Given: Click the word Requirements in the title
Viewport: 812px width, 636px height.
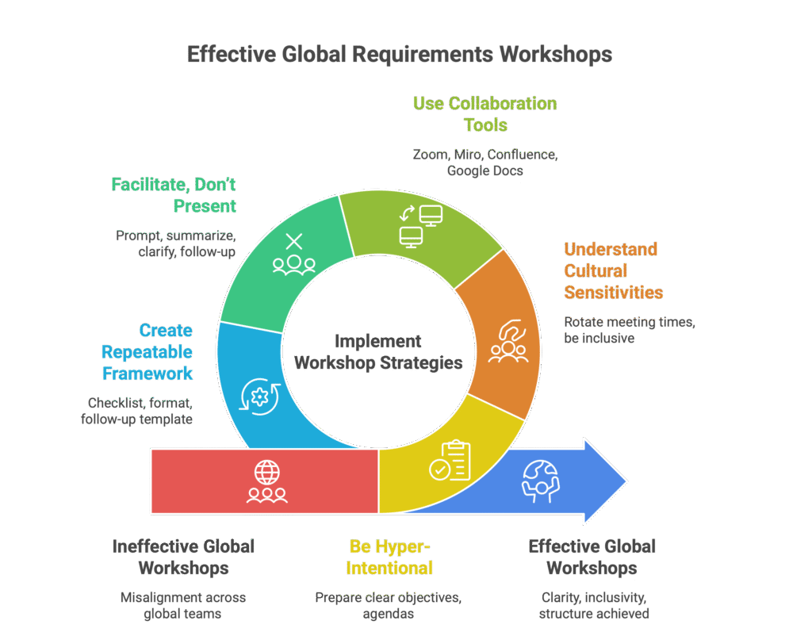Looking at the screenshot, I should (x=398, y=54).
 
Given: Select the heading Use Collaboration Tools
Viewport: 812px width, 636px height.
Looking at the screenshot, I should (x=485, y=114).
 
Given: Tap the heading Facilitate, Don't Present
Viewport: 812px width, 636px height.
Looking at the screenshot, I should (x=174, y=195).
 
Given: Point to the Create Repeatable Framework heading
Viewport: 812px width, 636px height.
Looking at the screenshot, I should (x=147, y=351).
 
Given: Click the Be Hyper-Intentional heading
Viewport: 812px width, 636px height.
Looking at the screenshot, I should (x=391, y=557).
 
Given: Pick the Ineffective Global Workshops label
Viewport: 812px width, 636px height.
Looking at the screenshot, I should (x=183, y=557).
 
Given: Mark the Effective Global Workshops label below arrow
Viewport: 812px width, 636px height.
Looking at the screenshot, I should (x=592, y=557).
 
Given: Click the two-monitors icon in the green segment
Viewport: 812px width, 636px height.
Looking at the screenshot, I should (x=419, y=224).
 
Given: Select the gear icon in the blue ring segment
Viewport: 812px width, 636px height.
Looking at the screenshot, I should (x=259, y=393).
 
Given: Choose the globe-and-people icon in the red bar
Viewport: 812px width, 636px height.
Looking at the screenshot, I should (x=266, y=482).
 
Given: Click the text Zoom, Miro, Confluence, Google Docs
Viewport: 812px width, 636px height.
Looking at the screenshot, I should (x=485, y=162).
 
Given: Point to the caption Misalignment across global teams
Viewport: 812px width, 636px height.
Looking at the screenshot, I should (x=183, y=604).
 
